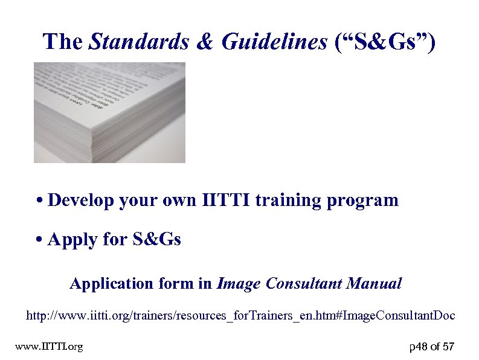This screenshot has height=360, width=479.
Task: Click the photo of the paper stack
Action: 109,112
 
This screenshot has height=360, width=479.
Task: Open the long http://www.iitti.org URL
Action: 240,316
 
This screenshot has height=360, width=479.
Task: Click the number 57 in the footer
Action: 448,347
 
